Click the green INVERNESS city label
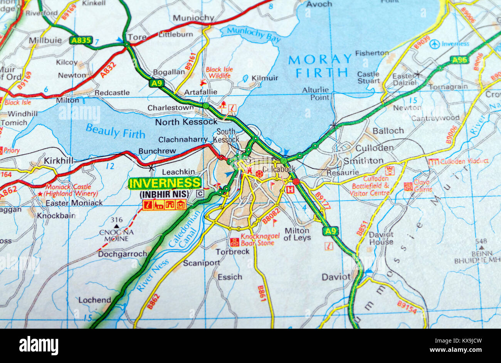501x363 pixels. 165,183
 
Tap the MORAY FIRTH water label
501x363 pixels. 320,66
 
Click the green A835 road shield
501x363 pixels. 81,40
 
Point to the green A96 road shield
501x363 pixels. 460,60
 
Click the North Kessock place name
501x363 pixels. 186,122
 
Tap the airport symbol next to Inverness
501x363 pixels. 435,44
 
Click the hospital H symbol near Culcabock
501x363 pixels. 291,189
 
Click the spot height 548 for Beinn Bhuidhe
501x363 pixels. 481,241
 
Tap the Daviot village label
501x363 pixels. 336,277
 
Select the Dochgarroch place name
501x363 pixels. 122,254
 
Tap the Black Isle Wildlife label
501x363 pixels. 219,73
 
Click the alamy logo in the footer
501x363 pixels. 39,345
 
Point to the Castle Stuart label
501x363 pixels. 368,77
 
